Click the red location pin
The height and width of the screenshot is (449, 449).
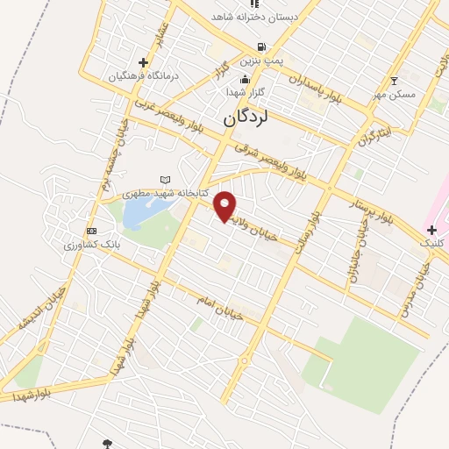click(225, 206)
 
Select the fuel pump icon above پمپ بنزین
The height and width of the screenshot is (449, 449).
click(260, 47)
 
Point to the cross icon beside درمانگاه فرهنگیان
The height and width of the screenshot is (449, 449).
click(143, 63)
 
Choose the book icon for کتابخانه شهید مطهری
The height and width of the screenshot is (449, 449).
click(165, 181)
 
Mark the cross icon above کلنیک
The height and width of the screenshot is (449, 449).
click(431, 230)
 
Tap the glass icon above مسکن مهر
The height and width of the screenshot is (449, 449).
click(395, 80)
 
